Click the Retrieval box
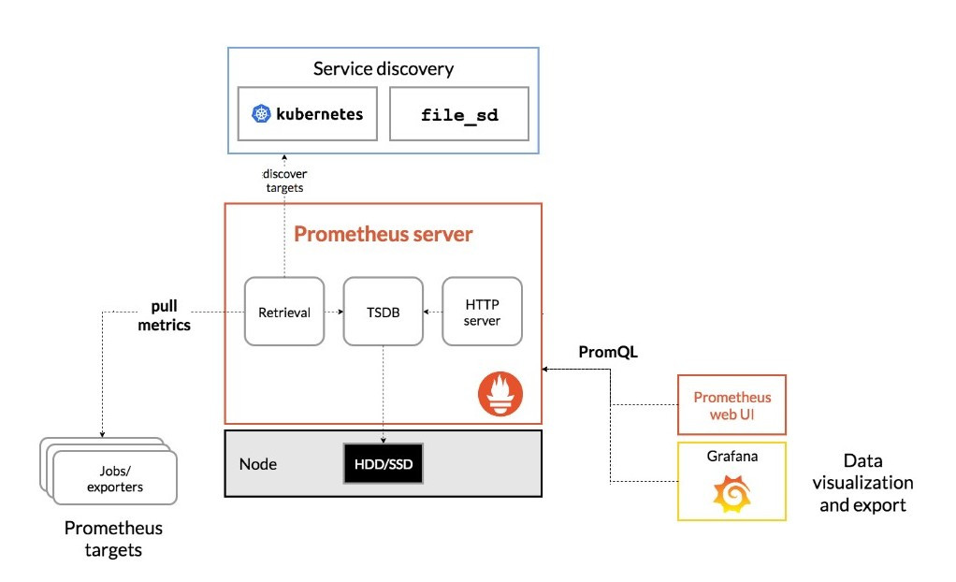[284, 313]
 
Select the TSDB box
[383, 313]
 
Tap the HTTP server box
[482, 313]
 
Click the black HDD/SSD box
[384, 463]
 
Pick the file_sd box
[459, 114]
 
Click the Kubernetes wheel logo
[261, 114]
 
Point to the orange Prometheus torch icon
[500, 394]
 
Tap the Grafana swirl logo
[731, 493]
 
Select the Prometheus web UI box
[731, 404]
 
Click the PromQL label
[608, 353]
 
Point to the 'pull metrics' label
[165, 315]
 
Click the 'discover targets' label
[283, 181]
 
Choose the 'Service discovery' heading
[384, 68]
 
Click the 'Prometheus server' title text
[384, 234]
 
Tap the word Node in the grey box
[258, 464]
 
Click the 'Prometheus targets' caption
[113, 539]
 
